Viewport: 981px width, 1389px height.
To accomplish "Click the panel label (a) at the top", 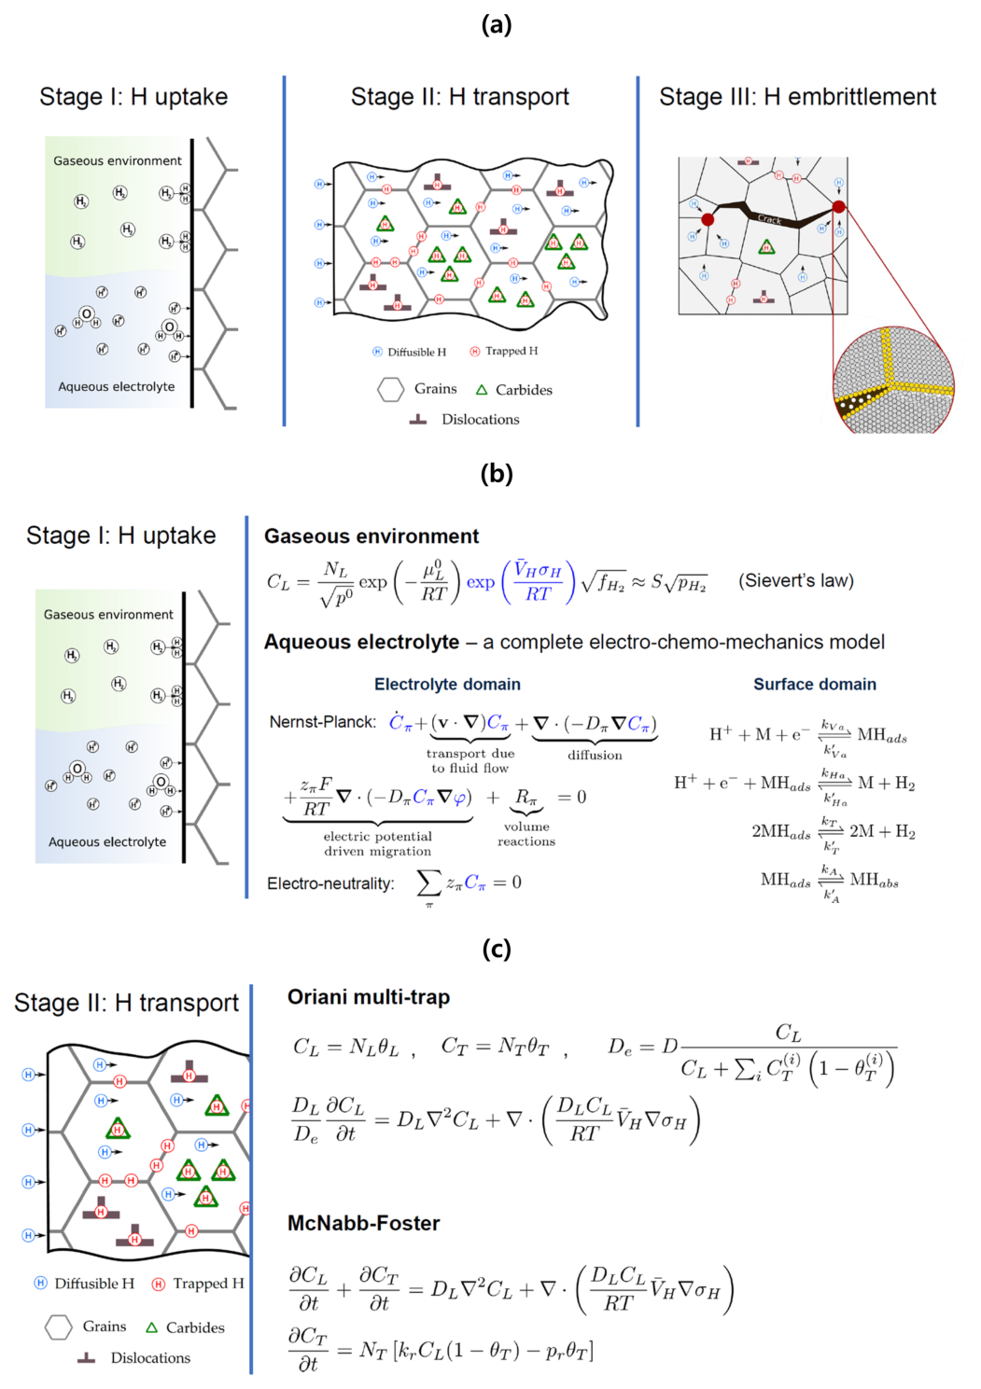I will coord(496,24).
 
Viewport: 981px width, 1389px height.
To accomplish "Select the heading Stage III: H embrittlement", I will coord(797,97).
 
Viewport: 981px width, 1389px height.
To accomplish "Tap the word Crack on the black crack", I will coord(770,219).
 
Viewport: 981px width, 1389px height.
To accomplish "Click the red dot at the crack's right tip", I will coord(839,207).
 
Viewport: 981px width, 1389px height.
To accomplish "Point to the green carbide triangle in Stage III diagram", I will coord(766,247).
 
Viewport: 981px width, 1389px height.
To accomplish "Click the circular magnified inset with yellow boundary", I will coord(893,380).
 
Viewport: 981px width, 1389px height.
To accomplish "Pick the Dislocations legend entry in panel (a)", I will coord(480,420).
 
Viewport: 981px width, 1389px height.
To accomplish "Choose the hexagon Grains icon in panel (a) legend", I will coord(390,389).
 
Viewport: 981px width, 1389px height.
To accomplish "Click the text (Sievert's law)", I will coord(795,580).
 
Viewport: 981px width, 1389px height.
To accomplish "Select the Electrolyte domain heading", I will coord(447,684).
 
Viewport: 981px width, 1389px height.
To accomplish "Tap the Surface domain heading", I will coord(815,684).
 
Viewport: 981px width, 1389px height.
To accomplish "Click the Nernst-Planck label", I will coord(322,722).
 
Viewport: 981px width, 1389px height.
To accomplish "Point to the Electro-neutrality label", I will coord(330,883).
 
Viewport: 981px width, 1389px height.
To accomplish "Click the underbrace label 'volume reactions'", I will coord(526,834).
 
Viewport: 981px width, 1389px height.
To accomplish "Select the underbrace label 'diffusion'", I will coord(595,756).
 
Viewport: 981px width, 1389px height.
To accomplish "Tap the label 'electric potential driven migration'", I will coord(378,843).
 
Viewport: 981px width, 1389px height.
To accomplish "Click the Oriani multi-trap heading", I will coord(368,997).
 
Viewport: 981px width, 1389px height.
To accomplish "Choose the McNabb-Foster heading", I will coord(363,1223).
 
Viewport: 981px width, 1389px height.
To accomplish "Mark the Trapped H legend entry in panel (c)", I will coord(207,1284).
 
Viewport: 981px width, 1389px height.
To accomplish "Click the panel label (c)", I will coord(496,949).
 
